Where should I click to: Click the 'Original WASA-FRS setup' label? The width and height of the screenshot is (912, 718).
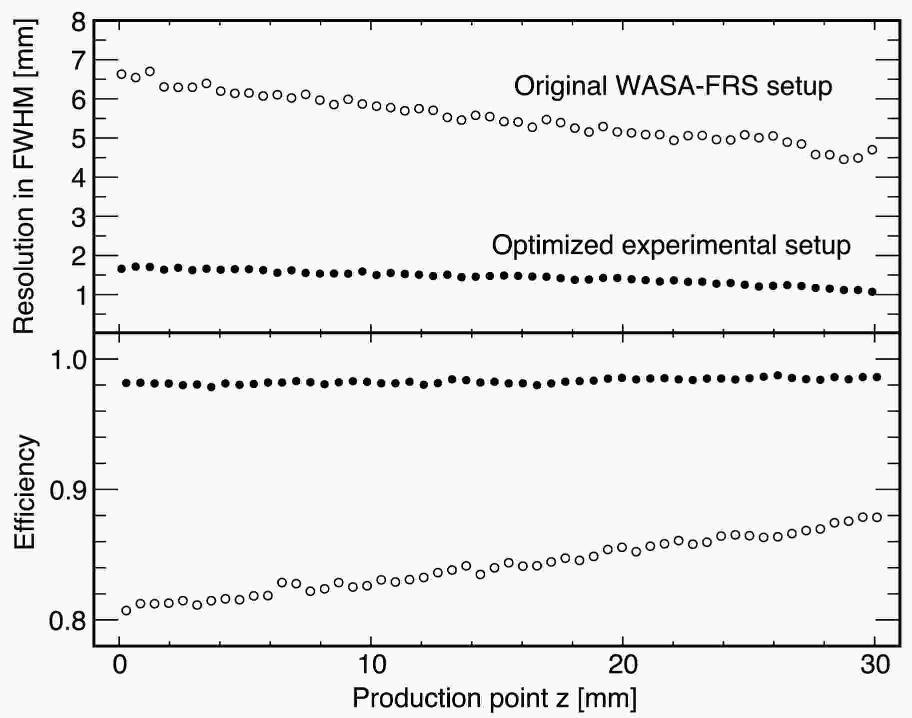coord(673,86)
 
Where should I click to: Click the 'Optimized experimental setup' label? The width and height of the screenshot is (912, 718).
coord(671,245)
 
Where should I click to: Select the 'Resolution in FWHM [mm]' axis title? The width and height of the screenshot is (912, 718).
coord(23,177)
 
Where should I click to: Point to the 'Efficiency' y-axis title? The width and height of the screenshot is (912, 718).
coord(24,492)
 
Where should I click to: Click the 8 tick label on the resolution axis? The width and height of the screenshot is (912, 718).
coord(79,22)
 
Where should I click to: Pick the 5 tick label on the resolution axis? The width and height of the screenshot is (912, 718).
coord(79,138)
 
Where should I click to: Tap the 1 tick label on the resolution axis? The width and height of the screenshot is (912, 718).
coord(80,295)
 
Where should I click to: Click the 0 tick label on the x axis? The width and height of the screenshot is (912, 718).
coord(119,665)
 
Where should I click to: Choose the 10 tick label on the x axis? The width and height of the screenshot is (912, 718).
coord(370,665)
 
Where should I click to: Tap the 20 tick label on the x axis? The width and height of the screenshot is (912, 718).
coord(622,665)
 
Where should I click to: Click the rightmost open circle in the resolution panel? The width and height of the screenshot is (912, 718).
coord(873,149)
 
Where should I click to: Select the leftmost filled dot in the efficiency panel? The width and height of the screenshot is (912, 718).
coord(126,383)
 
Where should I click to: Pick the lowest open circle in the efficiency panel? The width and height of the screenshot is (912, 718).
coord(126,610)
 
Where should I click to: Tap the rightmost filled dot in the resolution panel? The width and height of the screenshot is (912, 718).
coord(873,292)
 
